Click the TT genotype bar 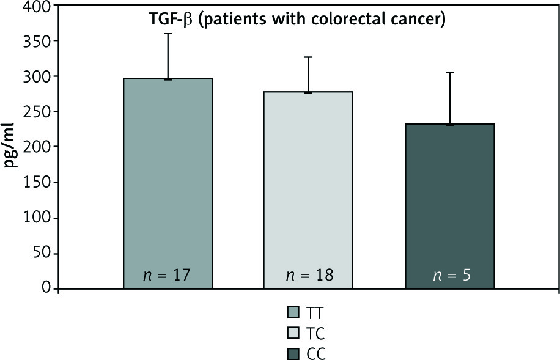[x=168, y=183]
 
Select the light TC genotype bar [x=309, y=189]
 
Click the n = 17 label [x=168, y=274]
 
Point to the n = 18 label [x=309, y=274]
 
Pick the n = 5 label [x=449, y=274]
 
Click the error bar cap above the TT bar [x=168, y=34]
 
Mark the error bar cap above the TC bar [x=309, y=57]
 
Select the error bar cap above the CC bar [x=449, y=72]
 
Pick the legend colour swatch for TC [x=293, y=334]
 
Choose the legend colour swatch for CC [x=293, y=353]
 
